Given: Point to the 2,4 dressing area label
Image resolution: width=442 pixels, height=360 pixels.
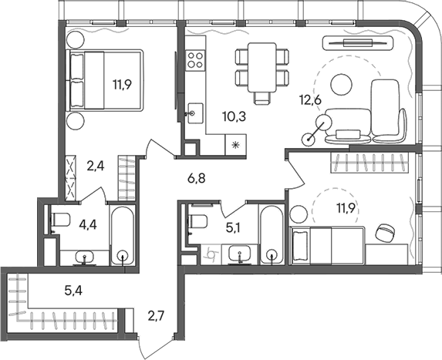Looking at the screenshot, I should click(95, 164).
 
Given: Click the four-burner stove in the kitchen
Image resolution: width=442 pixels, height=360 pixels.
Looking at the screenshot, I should click(195, 60).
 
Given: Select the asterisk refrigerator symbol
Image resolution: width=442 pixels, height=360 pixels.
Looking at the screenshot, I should click(234, 144).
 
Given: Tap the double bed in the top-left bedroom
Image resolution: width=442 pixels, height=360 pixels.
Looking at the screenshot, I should click(105, 81).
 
